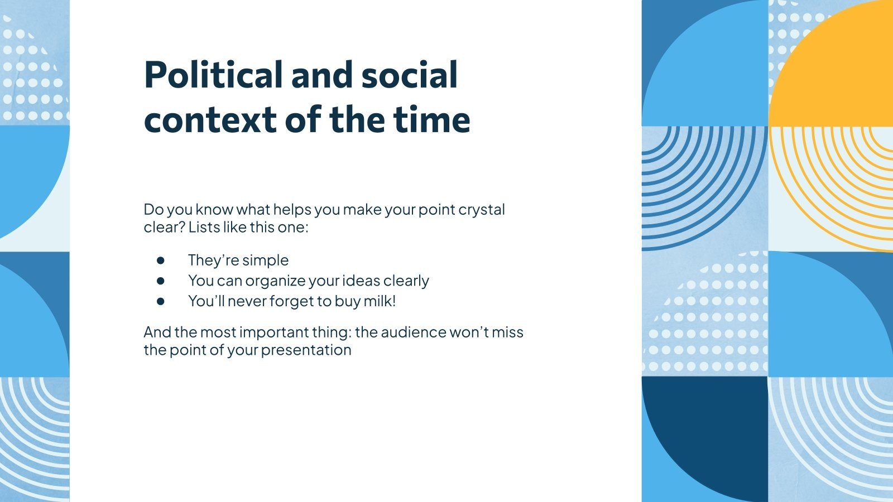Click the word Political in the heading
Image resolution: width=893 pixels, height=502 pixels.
(x=213, y=75)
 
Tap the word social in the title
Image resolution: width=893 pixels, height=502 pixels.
(x=409, y=75)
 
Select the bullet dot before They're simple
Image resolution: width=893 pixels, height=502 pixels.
(x=161, y=260)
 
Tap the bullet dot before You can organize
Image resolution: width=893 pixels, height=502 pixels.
(x=161, y=281)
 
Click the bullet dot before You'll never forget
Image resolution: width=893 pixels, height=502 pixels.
(x=161, y=301)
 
